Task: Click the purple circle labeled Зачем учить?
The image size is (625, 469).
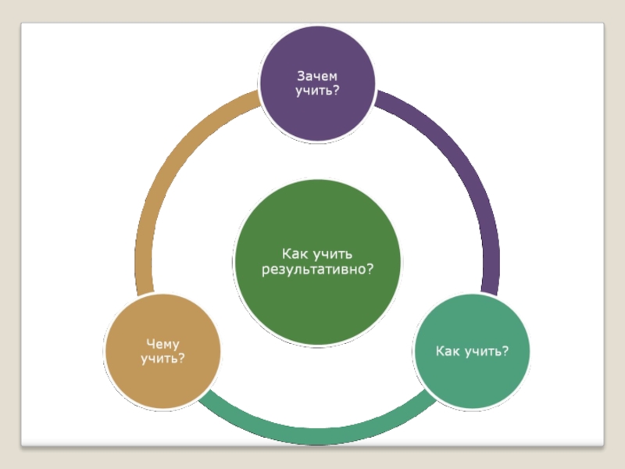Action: (x=317, y=84)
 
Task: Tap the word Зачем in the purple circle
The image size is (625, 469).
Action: (x=316, y=76)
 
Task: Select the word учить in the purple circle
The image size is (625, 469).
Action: (x=312, y=91)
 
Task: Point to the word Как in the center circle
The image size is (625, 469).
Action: (x=295, y=254)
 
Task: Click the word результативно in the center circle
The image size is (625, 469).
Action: (x=311, y=270)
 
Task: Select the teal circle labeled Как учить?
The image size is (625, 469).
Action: (x=472, y=350)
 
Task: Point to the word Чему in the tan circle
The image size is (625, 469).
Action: (x=162, y=343)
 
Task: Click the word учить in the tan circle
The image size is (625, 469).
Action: (x=159, y=359)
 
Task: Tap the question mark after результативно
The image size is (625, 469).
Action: (x=370, y=270)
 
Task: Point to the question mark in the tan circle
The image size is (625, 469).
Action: (x=181, y=359)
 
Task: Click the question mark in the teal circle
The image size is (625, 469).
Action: (x=505, y=350)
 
